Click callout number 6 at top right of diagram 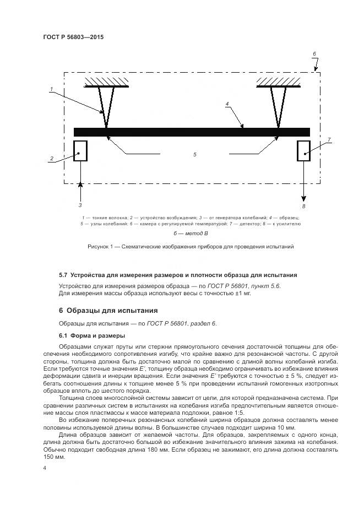point(314,54)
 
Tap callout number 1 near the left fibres point(51,89)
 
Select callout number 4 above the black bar point(226,103)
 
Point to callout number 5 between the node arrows point(194,155)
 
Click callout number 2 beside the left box point(52,159)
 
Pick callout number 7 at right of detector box point(329,140)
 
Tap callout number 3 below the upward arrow point(80,205)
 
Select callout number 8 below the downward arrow point(303,206)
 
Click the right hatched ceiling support point(278,82)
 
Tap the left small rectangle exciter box point(80,150)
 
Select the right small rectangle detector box point(304,150)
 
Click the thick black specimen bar point(192,132)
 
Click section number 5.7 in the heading point(63,274)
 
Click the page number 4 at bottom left point(45,468)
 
